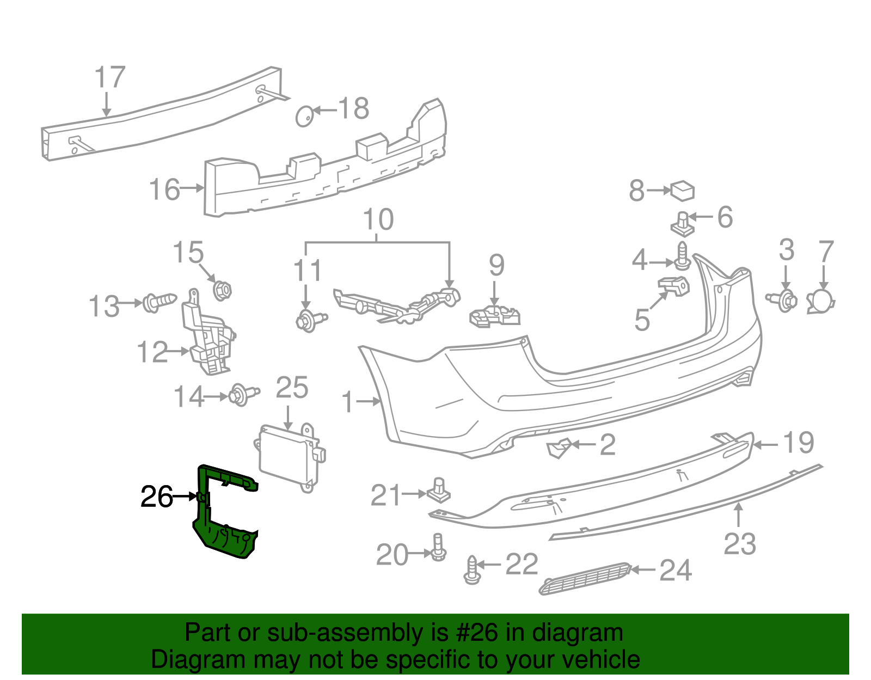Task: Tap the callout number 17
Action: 109,78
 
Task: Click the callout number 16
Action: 164,189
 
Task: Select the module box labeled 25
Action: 289,456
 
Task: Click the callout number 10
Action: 378,219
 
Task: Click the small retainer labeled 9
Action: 494,316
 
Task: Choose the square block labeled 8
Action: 683,191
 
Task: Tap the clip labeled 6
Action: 683,224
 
